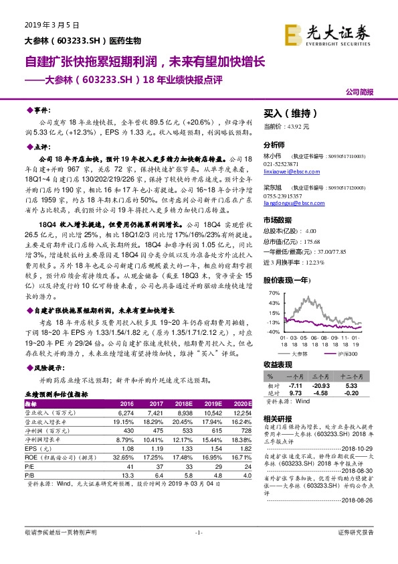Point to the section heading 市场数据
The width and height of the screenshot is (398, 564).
(x=278, y=220)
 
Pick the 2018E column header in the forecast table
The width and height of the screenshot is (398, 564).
(x=183, y=405)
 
